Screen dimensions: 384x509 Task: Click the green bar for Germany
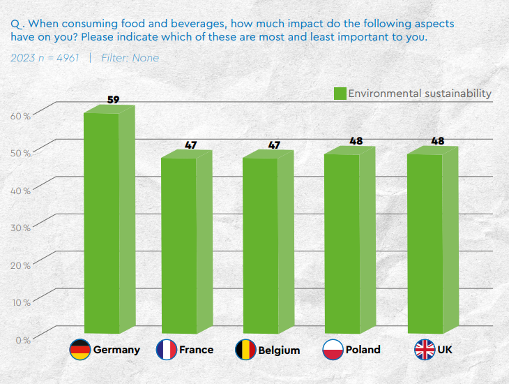102,223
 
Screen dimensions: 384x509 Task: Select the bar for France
179,244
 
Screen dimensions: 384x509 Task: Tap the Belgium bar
260,244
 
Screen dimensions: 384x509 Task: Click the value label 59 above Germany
113,100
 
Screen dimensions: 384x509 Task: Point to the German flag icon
80,350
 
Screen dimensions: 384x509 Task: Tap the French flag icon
166,350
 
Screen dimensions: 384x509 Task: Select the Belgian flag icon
245,350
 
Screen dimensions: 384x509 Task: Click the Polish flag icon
333,350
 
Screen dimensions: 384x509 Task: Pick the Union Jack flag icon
424,350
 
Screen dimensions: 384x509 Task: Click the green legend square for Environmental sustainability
340,94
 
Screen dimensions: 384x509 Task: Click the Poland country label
363,350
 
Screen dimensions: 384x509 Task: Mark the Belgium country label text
279,350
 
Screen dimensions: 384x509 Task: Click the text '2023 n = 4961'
46,58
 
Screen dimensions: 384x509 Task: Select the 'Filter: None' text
130,58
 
